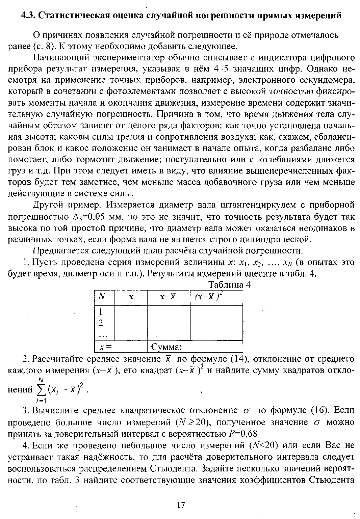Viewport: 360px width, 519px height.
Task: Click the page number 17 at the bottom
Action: [181, 505]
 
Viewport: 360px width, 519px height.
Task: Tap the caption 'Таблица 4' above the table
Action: [230, 285]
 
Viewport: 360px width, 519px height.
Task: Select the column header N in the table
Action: [101, 296]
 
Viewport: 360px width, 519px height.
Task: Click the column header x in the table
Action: [131, 297]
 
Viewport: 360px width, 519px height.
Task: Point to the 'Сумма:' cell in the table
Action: [166, 347]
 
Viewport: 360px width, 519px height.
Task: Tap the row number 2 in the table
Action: [100, 323]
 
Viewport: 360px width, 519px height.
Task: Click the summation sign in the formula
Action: [42, 390]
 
